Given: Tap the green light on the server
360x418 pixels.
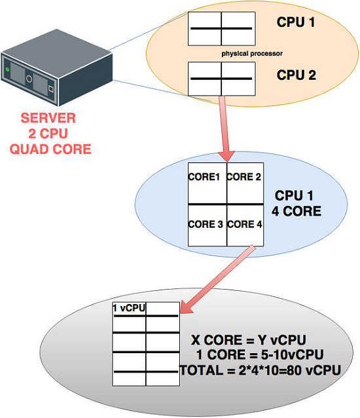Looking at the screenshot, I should pos(7,69).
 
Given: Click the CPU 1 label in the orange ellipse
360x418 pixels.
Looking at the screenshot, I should pos(296,23).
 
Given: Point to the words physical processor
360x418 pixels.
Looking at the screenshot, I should pos(251,52).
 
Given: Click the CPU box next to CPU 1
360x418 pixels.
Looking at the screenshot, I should pos(221,28).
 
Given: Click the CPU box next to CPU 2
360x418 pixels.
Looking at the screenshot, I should pos(221,78).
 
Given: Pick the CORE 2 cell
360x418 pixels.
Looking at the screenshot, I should pos(245,177).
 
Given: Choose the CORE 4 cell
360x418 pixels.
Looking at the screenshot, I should pos(245,225).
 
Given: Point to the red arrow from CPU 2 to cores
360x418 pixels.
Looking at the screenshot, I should pos(225,128).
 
